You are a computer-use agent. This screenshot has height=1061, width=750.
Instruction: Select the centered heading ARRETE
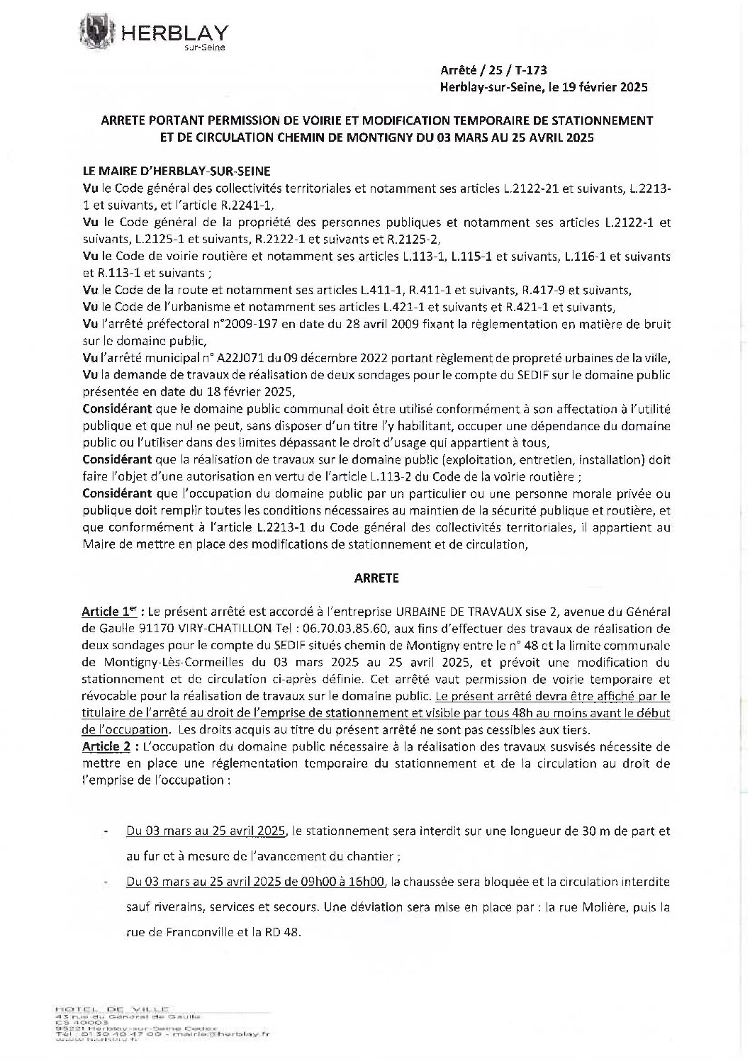click(376, 578)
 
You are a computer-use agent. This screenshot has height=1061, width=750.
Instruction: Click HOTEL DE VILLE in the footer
click(112, 1008)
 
